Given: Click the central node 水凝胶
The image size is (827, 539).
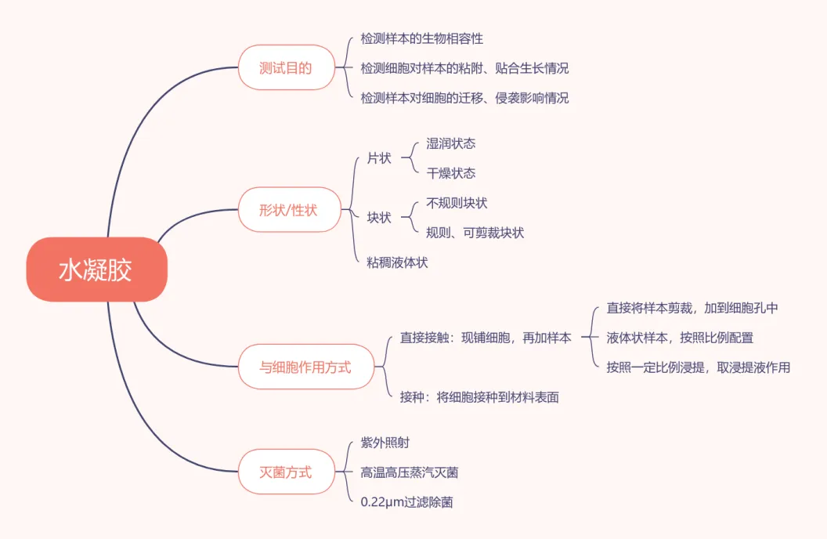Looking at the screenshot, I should tap(96, 269).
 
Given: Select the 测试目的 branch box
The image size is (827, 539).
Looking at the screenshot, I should tap(286, 68).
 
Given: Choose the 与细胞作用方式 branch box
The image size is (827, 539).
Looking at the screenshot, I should tap(305, 367).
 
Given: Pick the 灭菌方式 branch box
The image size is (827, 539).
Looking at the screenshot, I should tap(286, 472).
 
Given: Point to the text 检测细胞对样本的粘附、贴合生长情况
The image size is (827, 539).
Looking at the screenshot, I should tap(464, 68).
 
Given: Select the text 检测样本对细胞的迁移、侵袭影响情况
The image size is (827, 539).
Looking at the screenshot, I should tap(464, 98).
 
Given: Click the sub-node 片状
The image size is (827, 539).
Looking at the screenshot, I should tap(379, 158).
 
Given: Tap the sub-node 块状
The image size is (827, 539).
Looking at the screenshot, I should tap(379, 218).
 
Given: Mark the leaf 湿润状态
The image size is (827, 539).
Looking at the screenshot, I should tap(451, 143).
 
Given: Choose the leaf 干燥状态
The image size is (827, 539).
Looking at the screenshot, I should tap(451, 173).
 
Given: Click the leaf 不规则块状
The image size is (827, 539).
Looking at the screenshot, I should tap(457, 203).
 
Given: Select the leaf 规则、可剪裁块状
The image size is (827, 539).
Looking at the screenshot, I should tap(475, 233).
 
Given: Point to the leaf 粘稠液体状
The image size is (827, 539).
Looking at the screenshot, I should tap(398, 262).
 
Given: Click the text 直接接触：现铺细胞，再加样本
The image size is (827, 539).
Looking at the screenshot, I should tap(486, 338).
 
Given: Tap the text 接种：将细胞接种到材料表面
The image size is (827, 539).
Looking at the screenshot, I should tap(479, 397).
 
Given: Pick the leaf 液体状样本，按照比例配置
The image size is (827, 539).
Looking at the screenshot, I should tap(680, 338).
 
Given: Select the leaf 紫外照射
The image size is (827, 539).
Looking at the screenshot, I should tap(385, 443).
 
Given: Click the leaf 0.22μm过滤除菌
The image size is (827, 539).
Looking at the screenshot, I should tap(406, 502).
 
